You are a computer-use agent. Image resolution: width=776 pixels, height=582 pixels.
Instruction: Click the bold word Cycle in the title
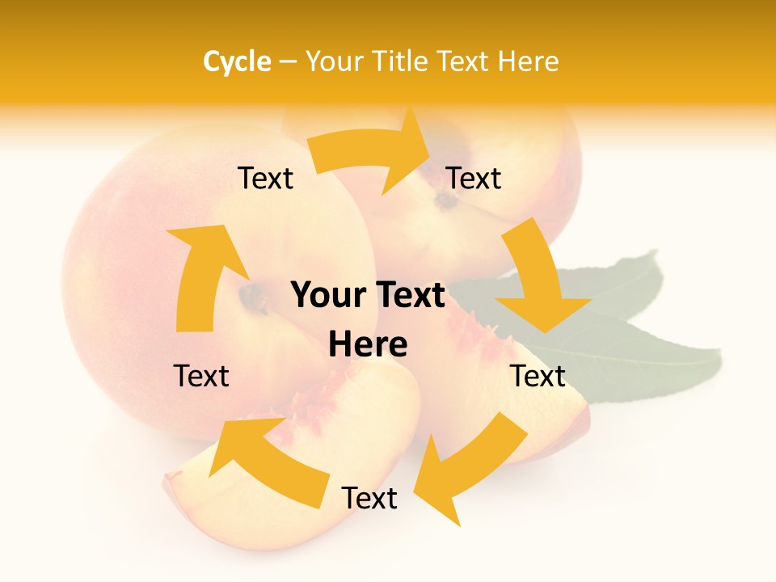tap(237, 61)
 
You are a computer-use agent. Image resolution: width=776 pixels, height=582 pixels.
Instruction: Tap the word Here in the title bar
tap(529, 61)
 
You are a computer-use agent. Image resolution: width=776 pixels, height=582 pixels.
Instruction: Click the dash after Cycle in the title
tap(288, 62)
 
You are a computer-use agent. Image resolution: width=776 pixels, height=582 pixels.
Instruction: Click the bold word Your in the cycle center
tap(330, 296)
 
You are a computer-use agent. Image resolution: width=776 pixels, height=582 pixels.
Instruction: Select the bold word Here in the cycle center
tap(368, 344)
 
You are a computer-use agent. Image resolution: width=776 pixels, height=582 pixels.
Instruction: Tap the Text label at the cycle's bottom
tap(369, 498)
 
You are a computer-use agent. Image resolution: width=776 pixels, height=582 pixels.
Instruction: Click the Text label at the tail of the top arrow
tap(265, 178)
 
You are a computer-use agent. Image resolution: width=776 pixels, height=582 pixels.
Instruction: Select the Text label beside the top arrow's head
tap(474, 178)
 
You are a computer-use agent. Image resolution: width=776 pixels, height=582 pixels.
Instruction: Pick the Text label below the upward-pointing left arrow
tap(201, 376)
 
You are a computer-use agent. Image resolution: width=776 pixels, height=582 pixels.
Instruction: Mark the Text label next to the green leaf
tap(538, 376)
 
